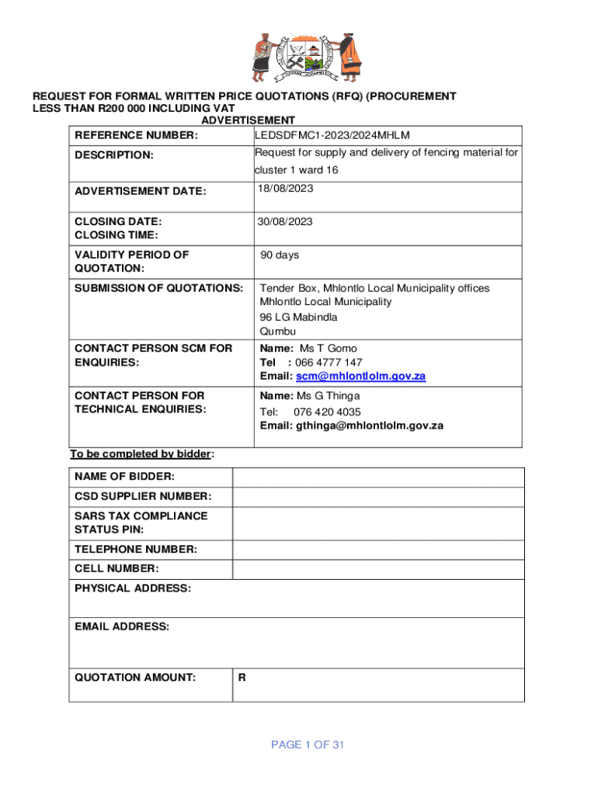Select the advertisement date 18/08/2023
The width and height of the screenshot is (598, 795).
click(285, 189)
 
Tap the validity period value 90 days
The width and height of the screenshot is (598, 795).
click(280, 255)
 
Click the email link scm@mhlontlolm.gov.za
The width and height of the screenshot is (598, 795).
click(360, 377)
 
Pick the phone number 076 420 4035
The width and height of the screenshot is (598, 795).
click(327, 411)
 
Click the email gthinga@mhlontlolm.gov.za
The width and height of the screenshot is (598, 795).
click(369, 425)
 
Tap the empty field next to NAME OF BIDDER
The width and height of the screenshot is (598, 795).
click(378, 477)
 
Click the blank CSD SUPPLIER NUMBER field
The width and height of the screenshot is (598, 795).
click(378, 497)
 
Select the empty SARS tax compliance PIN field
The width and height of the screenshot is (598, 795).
click(378, 522)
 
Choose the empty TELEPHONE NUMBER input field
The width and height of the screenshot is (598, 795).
click(378, 550)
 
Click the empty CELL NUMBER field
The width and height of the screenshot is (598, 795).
click(378, 569)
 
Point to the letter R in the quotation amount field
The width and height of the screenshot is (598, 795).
click(242, 678)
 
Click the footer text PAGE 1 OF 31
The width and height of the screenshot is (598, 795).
click(308, 745)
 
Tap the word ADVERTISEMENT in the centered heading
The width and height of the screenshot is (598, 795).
click(248, 120)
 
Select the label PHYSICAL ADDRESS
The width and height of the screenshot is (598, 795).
click(133, 588)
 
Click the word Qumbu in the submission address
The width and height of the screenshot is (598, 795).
click(278, 332)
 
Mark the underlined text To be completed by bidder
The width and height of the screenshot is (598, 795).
click(141, 454)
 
